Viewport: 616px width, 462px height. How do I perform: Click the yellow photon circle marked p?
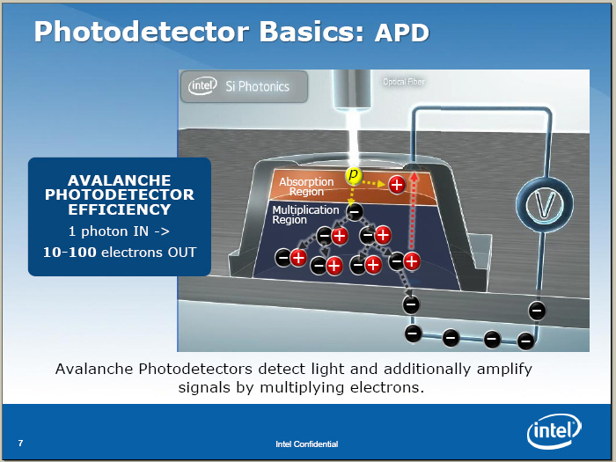354,175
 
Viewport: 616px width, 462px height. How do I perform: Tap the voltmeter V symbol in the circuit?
545,204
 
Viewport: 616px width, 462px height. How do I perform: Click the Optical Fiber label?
404,82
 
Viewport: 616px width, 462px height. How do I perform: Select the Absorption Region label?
306,187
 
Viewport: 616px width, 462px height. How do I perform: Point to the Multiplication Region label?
305,215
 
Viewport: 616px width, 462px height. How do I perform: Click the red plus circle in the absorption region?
397,185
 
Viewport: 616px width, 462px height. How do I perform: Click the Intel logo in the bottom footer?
554,431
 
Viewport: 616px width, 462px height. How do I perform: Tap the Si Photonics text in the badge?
257,86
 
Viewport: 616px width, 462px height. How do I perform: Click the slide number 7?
20,444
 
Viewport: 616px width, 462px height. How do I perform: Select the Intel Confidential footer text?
307,444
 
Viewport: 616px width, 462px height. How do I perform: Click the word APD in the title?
402,33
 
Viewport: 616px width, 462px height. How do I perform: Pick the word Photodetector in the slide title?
142,32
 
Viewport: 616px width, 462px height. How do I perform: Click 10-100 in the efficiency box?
70,253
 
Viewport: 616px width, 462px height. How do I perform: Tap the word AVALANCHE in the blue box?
120,180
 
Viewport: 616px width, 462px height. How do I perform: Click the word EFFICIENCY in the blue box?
120,209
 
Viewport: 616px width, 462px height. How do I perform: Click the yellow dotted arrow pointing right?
373,183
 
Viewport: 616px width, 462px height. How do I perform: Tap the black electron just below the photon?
355,212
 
